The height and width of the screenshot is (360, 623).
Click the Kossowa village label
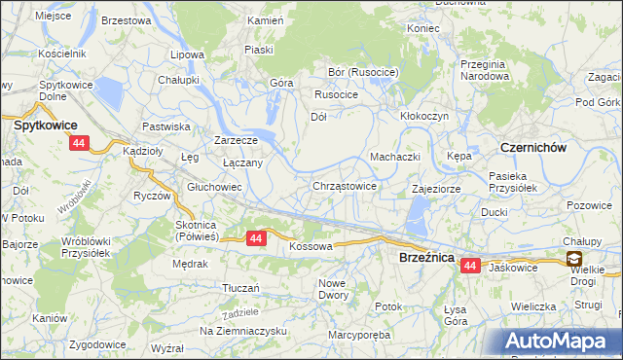[311, 247]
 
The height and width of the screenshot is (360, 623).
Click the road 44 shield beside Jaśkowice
[471, 265]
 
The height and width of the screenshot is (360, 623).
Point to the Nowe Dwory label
[333, 289]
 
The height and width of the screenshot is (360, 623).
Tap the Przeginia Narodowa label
[486, 69]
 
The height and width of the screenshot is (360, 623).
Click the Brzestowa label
[126, 20]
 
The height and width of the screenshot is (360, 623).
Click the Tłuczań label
[240, 288]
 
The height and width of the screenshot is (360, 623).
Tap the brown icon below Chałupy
[574, 259]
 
